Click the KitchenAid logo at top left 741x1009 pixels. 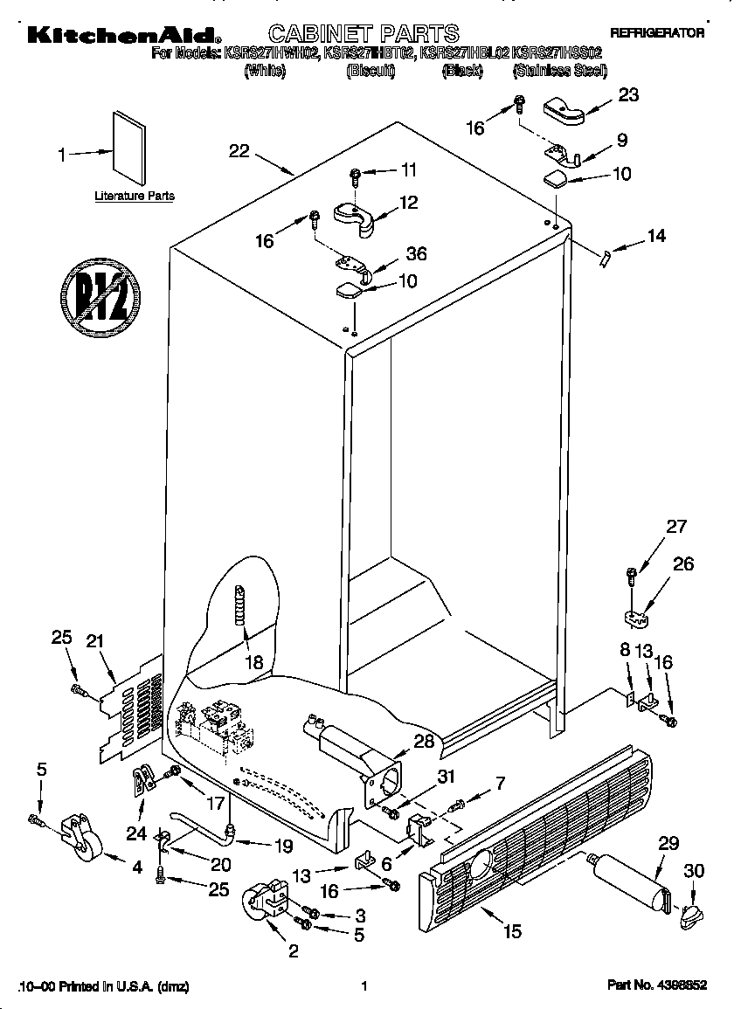[x=122, y=34]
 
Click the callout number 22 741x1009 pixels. [x=239, y=151]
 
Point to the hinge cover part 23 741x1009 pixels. [x=565, y=109]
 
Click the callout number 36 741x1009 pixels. [x=416, y=254]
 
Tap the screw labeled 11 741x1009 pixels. [x=355, y=177]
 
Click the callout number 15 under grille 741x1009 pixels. [x=512, y=932]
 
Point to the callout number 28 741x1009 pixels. [x=424, y=742]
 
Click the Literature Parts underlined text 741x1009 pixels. [x=134, y=197]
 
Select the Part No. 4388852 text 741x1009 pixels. [x=656, y=985]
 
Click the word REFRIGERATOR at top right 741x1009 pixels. [x=656, y=32]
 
